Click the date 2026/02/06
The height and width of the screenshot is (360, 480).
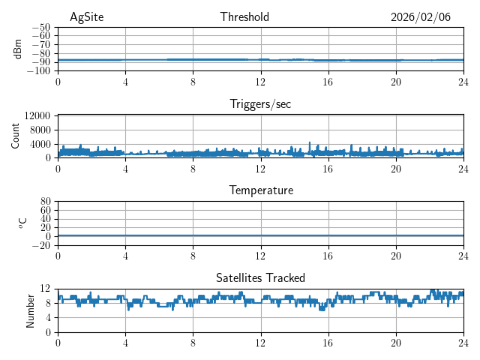pos(420,17)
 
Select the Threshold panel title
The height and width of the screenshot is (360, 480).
pos(244,17)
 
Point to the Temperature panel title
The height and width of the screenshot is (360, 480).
pos(260,191)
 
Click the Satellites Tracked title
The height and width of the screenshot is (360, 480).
pos(260,278)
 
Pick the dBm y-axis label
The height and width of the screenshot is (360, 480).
pos(18,49)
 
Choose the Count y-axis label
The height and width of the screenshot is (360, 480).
pos(16,136)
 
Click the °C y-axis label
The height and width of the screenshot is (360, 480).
pos(22,223)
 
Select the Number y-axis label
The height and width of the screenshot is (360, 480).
pos(31,310)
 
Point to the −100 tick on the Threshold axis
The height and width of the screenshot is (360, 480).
pos(40,71)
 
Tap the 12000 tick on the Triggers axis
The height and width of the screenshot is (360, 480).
pos(37,115)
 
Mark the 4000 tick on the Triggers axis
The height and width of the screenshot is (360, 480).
pos(40,144)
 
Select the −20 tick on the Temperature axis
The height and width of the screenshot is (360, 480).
pos(43,245)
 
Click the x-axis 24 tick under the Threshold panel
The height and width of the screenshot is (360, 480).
pos(463,82)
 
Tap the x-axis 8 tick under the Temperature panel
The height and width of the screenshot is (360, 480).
pos(193,256)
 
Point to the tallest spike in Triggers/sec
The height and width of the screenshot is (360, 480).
pos(310,142)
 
